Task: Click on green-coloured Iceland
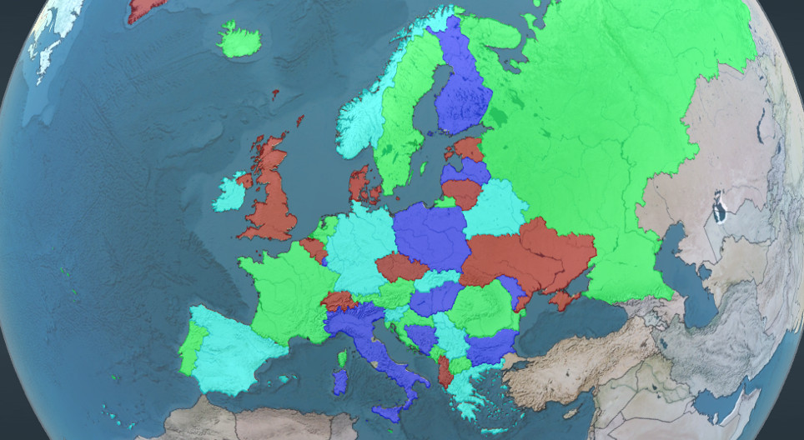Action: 240,40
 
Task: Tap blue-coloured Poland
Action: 430,237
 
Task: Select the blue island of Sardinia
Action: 339,382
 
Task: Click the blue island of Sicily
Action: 387,412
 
